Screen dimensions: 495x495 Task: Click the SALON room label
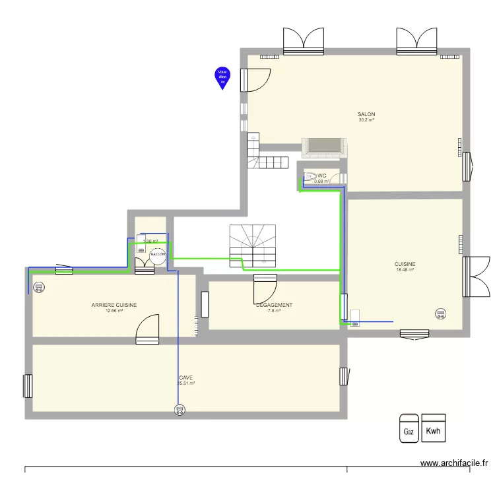click(366, 114)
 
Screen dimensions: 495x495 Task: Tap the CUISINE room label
click(405, 264)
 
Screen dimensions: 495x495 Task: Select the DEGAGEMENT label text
click(274, 305)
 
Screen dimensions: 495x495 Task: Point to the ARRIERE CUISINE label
click(114, 305)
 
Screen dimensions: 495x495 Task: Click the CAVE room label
click(185, 378)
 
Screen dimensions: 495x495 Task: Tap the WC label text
click(322, 176)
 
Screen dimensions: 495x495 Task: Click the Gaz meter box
click(409, 428)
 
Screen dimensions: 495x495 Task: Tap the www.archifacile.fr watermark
click(455, 464)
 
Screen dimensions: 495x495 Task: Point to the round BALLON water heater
click(158, 254)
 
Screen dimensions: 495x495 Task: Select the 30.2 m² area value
click(366, 120)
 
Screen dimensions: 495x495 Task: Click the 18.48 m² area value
click(405, 269)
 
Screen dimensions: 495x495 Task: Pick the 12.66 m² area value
click(114, 310)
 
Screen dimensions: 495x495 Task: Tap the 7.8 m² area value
click(274, 310)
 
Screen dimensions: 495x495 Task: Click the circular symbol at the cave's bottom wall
click(179, 411)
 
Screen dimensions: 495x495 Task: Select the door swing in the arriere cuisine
click(147, 329)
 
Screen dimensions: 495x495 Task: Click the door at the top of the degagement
click(265, 288)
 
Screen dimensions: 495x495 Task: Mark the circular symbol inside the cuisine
click(440, 313)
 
